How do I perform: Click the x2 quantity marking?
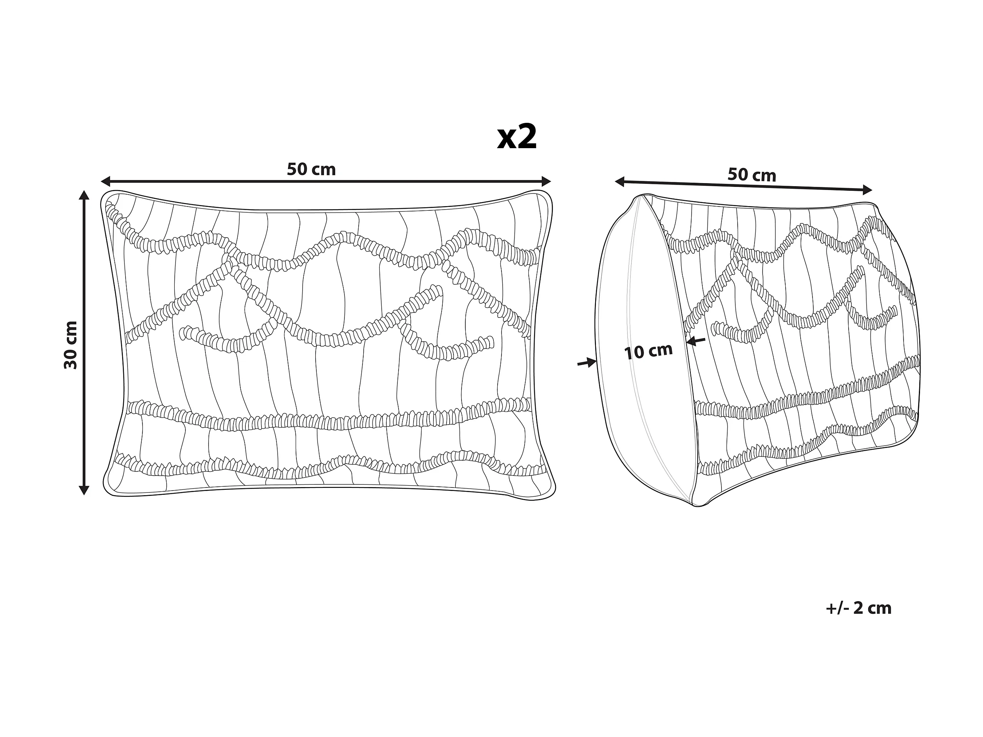tap(517, 138)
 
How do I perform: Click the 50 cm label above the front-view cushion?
tap(311, 169)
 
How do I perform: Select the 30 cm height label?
tap(71, 345)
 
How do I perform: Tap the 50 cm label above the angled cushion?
tap(751, 175)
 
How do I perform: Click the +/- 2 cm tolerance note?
tap(859, 608)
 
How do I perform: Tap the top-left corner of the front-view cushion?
tap(107, 197)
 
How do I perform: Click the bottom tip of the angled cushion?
tap(698, 505)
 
